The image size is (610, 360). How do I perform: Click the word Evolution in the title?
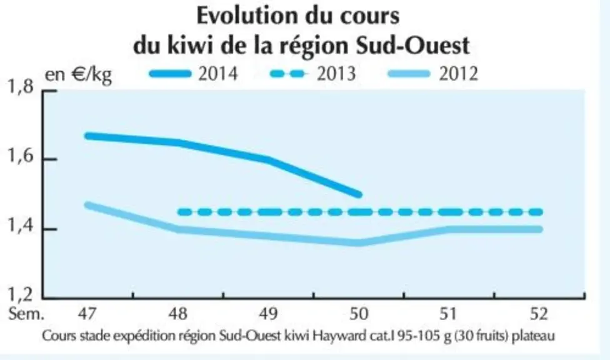pyautogui.click(x=247, y=16)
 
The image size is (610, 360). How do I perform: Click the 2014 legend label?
pyautogui.click(x=218, y=74)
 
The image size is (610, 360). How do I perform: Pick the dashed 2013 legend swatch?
pyautogui.click(x=288, y=74)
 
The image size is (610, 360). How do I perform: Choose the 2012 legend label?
pyautogui.click(x=458, y=74)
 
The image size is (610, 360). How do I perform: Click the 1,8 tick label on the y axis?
pyautogui.click(x=21, y=87)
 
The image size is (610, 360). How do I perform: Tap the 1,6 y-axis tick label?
pyautogui.click(x=21, y=156)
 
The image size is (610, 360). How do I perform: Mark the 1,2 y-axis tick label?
pyautogui.click(x=21, y=295)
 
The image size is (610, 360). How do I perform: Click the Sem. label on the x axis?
pyautogui.click(x=26, y=314)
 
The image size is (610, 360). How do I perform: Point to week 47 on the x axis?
pyautogui.click(x=86, y=314)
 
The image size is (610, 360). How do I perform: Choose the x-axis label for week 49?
pyautogui.click(x=268, y=314)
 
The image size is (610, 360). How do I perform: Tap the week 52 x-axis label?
pyautogui.click(x=538, y=314)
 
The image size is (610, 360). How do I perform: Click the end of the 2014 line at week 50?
pyautogui.click(x=359, y=194)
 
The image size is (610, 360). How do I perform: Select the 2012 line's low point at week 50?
pyautogui.click(x=359, y=243)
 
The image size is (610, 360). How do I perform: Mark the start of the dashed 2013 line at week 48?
pyautogui.click(x=180, y=212)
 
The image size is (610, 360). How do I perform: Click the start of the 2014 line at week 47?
pyautogui.click(x=88, y=136)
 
